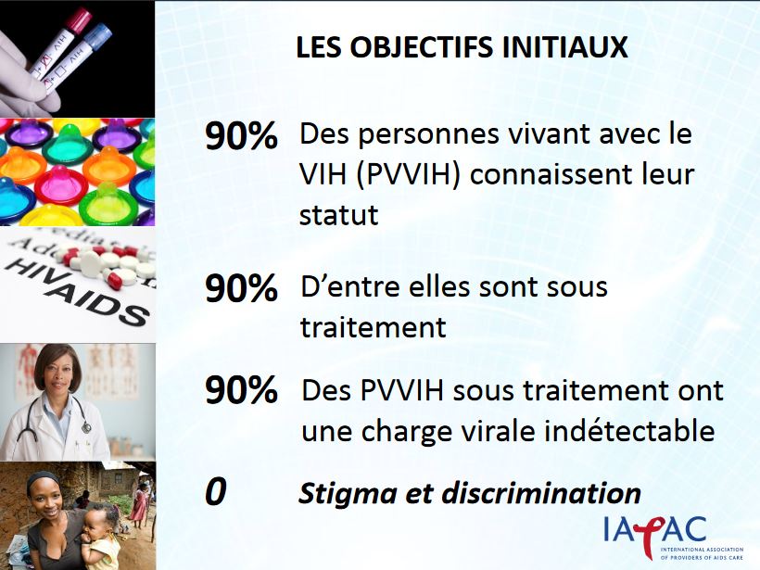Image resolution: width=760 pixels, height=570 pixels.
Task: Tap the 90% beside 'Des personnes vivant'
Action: click(x=241, y=135)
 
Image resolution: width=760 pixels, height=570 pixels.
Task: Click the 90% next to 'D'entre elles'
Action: click(x=241, y=288)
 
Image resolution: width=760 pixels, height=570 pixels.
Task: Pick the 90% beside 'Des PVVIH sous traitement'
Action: click(x=241, y=390)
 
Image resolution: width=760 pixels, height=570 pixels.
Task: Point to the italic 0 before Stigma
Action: click(x=216, y=491)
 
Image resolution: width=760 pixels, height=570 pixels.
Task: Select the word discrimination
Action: click(x=541, y=493)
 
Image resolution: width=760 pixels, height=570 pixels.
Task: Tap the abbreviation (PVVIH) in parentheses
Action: click(x=408, y=175)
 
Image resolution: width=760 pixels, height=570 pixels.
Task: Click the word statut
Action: click(x=339, y=215)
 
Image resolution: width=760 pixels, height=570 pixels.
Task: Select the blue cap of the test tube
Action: click(x=98, y=37)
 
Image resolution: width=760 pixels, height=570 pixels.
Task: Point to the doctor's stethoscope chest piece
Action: click(x=86, y=427)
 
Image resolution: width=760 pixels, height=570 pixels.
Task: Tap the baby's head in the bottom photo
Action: click(x=100, y=520)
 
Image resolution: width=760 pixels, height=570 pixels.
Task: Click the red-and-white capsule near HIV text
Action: click(x=112, y=279)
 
